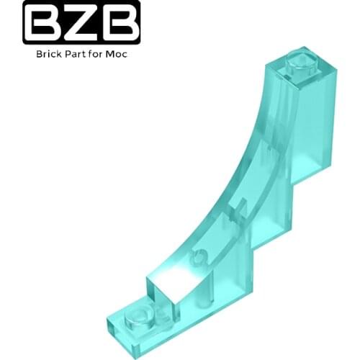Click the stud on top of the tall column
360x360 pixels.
pos(297,63)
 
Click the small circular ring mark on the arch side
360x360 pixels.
pos(204,253)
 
